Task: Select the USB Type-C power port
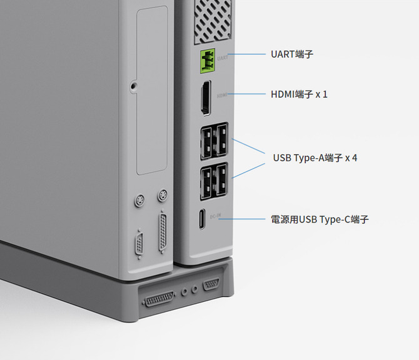201,219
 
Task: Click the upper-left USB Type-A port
207,142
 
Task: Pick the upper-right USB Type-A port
220,142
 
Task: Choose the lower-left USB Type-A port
207,180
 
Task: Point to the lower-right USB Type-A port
220,180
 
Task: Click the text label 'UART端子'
292,54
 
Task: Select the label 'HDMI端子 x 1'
299,94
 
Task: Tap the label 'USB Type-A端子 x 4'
315,157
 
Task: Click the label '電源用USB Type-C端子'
320,219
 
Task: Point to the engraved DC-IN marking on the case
216,217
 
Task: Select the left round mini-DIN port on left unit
139,201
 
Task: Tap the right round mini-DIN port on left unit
161,196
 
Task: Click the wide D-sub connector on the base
159,299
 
